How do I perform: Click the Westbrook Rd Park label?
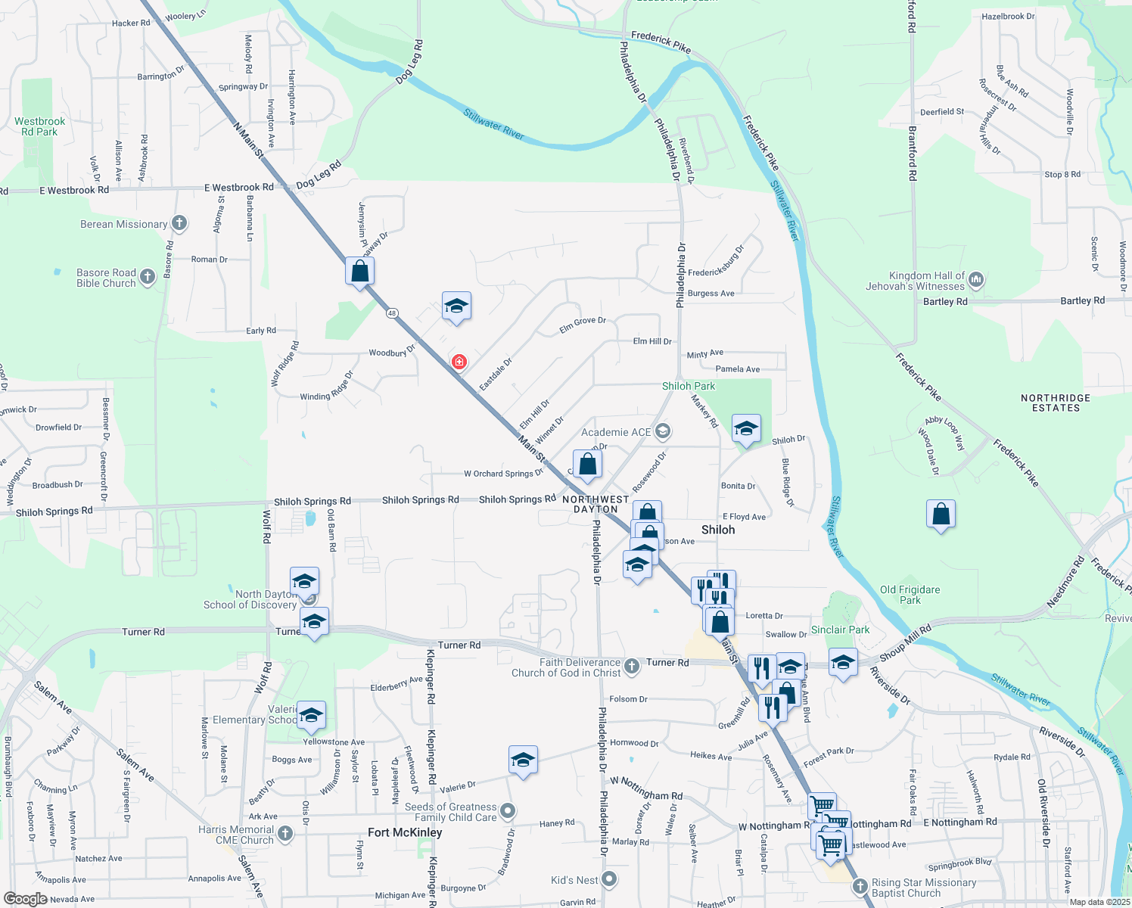[39, 126]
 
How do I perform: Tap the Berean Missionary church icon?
[179, 223]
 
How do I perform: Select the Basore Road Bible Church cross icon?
[148, 277]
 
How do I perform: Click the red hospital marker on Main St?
[459, 362]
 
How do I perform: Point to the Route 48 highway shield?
[391, 313]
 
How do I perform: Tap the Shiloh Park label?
[689, 386]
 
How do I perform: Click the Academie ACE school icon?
[663, 431]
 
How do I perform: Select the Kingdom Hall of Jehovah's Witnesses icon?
[976, 280]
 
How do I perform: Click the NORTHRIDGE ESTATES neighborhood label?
[1056, 403]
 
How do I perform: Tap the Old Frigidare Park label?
[910, 595]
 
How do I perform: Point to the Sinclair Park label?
[840, 630]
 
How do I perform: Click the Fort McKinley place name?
[405, 832]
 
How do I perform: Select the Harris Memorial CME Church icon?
[285, 834]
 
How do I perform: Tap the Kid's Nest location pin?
[610, 879]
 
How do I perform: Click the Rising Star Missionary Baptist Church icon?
[859, 885]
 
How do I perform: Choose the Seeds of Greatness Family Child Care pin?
[508, 811]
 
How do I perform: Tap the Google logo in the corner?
[25, 899]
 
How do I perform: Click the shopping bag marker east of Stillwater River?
[941, 515]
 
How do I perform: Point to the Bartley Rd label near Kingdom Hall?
[945, 301]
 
